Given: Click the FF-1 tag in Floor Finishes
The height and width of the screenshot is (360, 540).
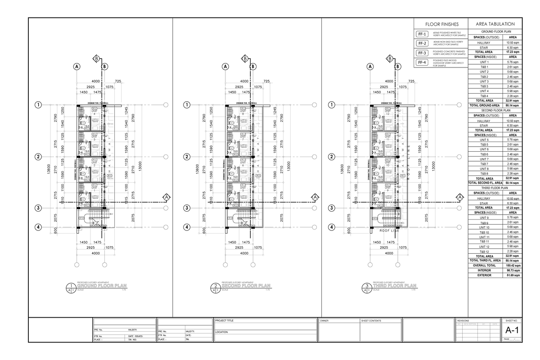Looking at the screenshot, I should point(422,34).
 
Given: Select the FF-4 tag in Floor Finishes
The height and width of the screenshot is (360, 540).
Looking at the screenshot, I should point(422,63).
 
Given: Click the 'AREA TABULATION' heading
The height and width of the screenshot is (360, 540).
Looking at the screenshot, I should point(495,24).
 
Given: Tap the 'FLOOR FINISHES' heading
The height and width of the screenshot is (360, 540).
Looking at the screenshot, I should point(441,24).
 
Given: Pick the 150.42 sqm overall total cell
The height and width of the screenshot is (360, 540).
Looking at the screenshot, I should point(513,265).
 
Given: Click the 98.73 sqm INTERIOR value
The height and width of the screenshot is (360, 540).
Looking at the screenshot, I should point(513,270).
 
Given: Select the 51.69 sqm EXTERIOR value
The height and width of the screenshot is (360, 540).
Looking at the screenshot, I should point(513,275).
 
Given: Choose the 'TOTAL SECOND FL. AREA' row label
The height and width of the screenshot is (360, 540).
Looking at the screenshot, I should point(484,183).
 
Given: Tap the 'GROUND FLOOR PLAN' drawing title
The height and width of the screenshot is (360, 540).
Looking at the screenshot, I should point(99,286).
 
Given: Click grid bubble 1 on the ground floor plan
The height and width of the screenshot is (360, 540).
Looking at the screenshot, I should point(39,105).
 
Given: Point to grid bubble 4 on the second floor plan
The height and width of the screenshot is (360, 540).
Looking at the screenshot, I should point(186,227).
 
